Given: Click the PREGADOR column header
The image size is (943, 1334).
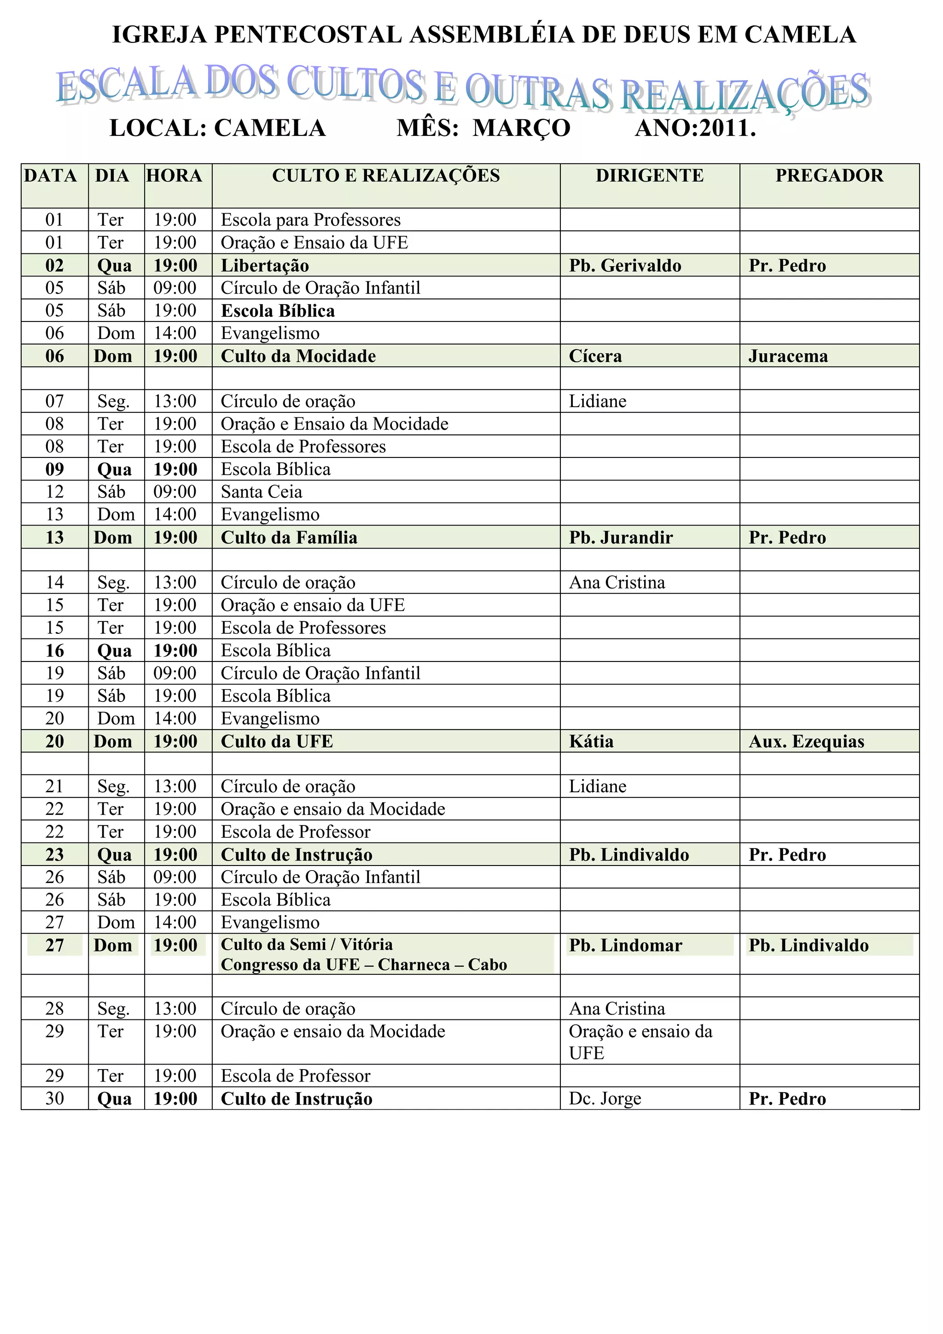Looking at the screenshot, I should coord(829,176).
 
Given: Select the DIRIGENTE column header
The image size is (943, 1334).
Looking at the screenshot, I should coord(649,176).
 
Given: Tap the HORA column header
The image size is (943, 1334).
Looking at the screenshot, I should coord(174,176).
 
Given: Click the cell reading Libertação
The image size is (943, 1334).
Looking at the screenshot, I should coord(265,265).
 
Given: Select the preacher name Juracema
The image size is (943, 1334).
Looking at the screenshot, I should coord(788,356).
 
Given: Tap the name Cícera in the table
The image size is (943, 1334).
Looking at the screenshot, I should coord(595,356).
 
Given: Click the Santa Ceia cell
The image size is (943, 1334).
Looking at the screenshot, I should coord(261,492).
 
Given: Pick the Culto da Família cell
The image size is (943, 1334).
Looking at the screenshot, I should coord(289,538).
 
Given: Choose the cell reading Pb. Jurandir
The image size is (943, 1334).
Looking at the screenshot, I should coord(621,538).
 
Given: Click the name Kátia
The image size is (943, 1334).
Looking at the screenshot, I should coord(591,741).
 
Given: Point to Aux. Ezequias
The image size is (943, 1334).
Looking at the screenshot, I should coord(806,741).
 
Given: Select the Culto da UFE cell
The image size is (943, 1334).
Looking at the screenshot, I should coord(277,741).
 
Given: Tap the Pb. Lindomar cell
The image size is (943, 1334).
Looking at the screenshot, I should coord(625,945).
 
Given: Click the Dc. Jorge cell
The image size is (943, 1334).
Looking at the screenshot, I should coord(605,1099).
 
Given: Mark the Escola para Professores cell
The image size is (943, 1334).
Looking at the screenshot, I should coord(311,220).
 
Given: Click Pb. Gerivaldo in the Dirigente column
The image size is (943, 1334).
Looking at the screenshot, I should coord(625,265).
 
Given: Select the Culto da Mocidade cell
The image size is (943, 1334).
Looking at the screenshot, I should coord(298,356).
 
